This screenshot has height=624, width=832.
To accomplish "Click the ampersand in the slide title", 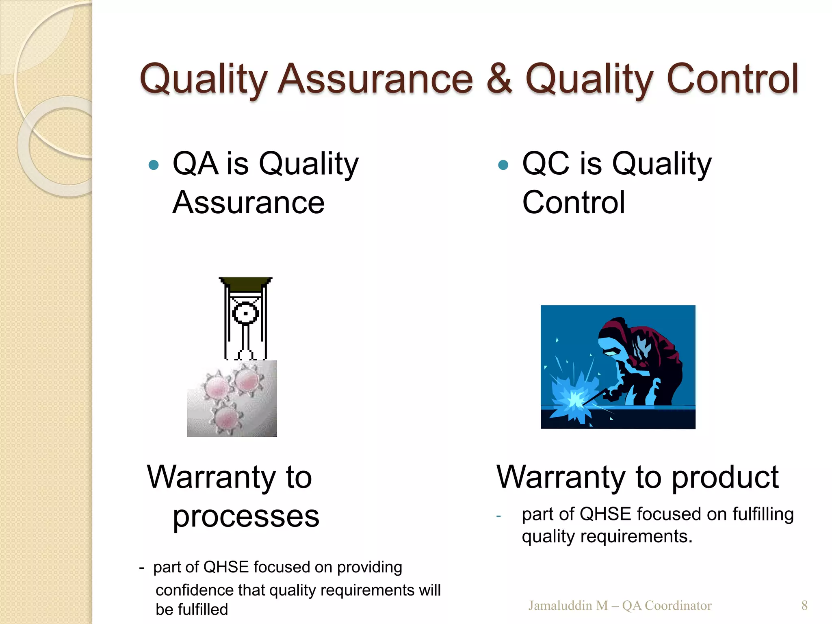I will tap(499, 79).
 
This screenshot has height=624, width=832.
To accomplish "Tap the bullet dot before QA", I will tap(154, 165).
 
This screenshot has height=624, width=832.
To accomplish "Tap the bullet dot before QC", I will tap(503, 165).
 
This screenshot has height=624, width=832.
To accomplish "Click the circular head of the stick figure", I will tap(245, 314).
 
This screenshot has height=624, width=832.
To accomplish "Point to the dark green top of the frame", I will tap(245, 284).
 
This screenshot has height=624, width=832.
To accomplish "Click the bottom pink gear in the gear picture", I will tap(226, 418).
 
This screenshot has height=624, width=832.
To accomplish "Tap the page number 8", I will tap(804, 605).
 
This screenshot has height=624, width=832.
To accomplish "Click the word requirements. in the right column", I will tap(636, 537).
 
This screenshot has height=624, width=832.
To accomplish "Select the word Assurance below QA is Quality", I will tap(248, 203).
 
